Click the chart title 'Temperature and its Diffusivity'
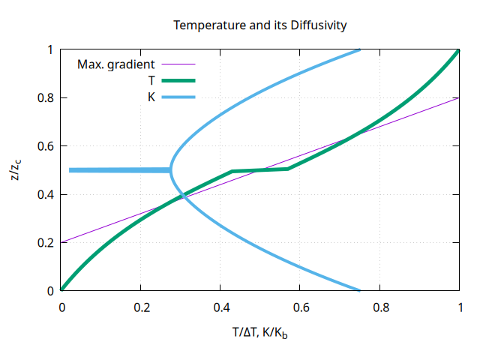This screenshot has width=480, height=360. tap(259, 25)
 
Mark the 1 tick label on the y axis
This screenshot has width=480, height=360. tap(50, 50)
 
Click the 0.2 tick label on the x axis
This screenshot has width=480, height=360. tap(141, 306)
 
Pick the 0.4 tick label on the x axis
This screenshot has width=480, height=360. tap(220, 306)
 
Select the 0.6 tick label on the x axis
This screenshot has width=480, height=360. tap(300, 306)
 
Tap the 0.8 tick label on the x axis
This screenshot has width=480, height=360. tap(379, 306)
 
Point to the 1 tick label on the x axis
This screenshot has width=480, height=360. tap(459, 306)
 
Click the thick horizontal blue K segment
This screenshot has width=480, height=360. tap(120, 170)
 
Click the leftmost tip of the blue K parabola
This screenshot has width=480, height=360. tap(171, 170)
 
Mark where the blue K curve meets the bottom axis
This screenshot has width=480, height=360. tap(359, 290)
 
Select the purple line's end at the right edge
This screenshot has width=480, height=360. tap(459, 98)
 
